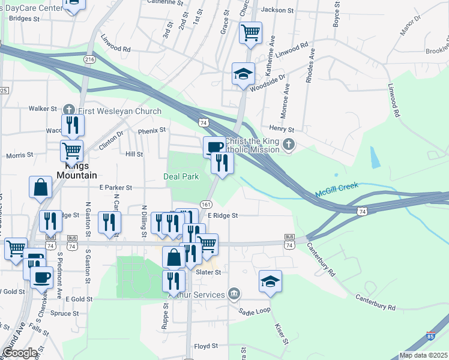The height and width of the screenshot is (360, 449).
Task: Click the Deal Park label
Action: (181, 176)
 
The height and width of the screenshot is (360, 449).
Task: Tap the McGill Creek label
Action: (337, 191)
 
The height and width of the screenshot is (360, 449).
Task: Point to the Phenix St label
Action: (151, 130)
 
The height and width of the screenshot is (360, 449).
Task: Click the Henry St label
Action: (282, 129)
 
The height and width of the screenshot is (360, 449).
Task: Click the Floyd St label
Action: (205, 347)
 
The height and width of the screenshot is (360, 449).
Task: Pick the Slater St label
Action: (209, 272)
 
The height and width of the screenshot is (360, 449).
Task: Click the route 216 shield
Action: (89, 59)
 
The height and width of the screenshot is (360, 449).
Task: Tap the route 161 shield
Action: (205, 204)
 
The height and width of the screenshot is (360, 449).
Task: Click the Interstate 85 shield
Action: (432, 337)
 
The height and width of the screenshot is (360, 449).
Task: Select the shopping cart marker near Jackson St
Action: (250, 32)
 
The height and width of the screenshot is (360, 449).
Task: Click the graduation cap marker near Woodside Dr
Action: (243, 74)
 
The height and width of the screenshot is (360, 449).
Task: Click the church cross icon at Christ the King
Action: (289, 144)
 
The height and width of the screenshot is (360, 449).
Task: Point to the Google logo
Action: (20, 353)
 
